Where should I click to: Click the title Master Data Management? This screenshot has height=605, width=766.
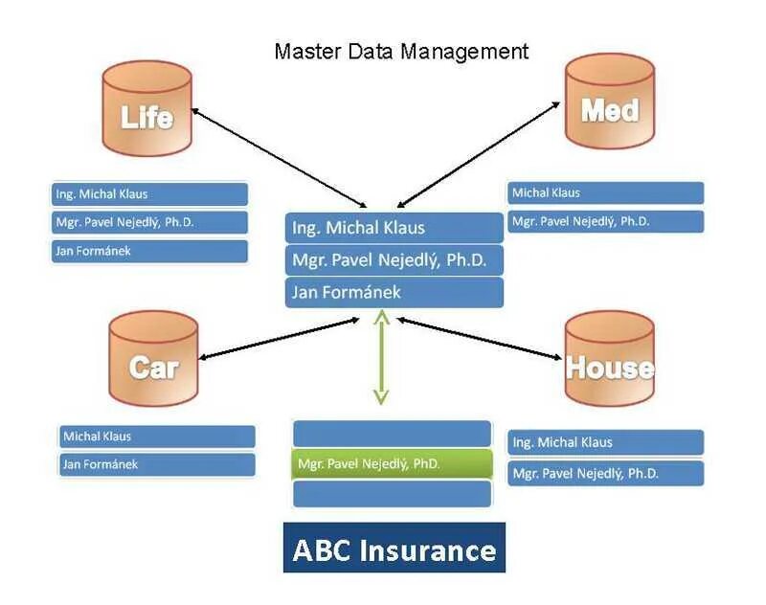401,51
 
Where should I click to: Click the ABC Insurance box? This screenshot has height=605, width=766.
394,549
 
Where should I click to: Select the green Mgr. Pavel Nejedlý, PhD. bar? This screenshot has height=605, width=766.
391,464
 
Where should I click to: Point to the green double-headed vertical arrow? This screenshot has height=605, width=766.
381,361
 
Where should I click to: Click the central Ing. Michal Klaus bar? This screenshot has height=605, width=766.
394,228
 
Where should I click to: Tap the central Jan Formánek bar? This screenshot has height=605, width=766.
394,292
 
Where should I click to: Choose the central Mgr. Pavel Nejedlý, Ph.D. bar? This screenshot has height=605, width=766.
394,259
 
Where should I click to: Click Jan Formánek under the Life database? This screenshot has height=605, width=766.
148,252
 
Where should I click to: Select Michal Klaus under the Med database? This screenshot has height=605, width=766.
605,193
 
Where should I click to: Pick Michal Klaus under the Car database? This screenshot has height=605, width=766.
157,437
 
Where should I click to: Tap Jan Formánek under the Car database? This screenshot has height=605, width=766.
157,464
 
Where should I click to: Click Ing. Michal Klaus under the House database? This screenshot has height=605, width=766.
605,442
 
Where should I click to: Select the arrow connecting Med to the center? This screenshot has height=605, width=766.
479,155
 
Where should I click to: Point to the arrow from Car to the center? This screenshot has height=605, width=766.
279,339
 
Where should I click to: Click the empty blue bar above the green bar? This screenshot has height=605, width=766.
391,434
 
